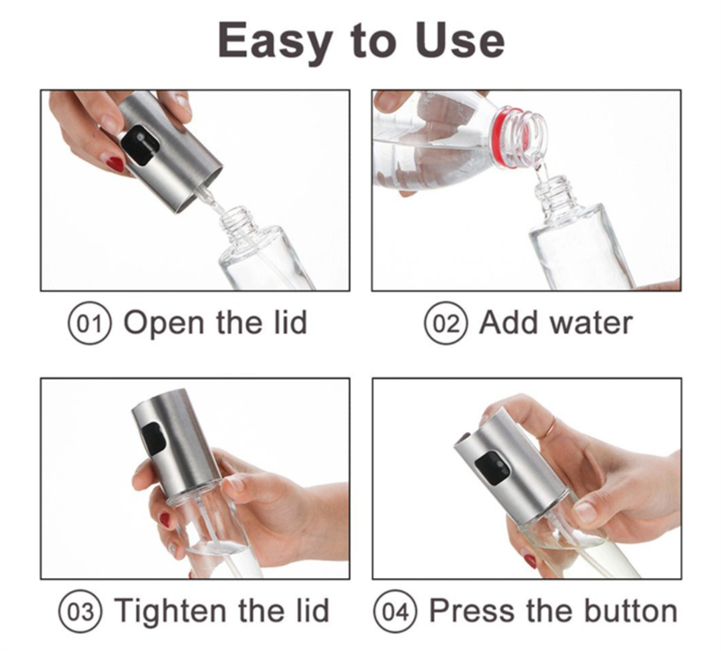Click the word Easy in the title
[x=274, y=41]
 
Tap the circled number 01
[x=90, y=323]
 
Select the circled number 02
[x=445, y=323]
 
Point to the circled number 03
[x=80, y=611]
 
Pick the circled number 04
[x=395, y=611]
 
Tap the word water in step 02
[x=591, y=323]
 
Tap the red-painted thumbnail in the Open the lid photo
[x=115, y=164]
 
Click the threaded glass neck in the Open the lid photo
[x=235, y=222]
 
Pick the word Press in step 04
[x=471, y=611]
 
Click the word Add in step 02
[x=509, y=322]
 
